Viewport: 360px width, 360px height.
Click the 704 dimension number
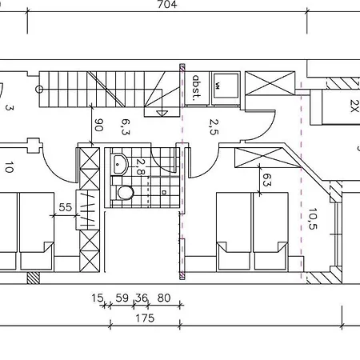click(167, 5)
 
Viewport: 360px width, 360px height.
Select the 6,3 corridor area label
click(126, 127)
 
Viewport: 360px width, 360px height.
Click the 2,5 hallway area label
click(214, 127)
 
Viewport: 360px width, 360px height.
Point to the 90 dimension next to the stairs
click(98, 125)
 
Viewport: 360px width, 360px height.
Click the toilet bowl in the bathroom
click(126, 193)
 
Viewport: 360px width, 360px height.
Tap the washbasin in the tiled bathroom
click(120, 164)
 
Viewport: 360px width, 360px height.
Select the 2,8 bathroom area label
click(140, 166)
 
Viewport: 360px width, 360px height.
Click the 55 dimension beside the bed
click(65, 207)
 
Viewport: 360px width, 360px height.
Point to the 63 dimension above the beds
click(267, 179)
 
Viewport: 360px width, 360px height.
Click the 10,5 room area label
click(313, 218)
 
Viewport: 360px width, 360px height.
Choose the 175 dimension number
click(145, 318)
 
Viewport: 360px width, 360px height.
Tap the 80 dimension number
click(164, 298)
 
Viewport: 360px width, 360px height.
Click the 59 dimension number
click(122, 298)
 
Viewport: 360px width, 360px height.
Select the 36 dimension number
click(142, 298)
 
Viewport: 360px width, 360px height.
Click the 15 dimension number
click(97, 298)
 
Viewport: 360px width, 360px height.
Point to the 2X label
click(354, 106)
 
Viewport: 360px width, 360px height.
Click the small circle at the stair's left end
click(39, 90)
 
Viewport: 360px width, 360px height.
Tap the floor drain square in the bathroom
click(164, 192)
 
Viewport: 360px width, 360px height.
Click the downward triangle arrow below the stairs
click(162, 114)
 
